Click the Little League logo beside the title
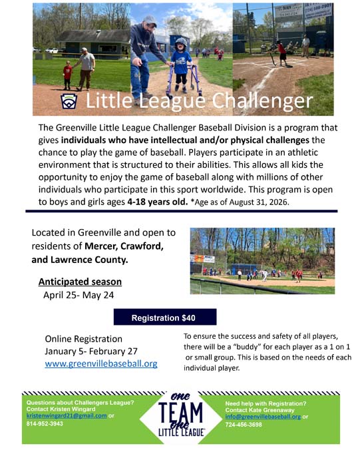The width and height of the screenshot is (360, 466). [x=69, y=101]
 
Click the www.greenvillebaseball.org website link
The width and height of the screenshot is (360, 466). [x=100, y=364]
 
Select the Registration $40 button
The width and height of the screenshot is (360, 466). [x=164, y=318]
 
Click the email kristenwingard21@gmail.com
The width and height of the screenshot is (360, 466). [x=67, y=415]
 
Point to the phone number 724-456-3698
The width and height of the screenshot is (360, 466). [x=244, y=424]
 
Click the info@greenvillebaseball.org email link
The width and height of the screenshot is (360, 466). [x=263, y=416]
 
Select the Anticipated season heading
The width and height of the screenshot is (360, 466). [x=79, y=282]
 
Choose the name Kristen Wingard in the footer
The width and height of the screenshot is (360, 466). [x=71, y=409]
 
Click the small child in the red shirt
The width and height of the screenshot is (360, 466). [x=67, y=73]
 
